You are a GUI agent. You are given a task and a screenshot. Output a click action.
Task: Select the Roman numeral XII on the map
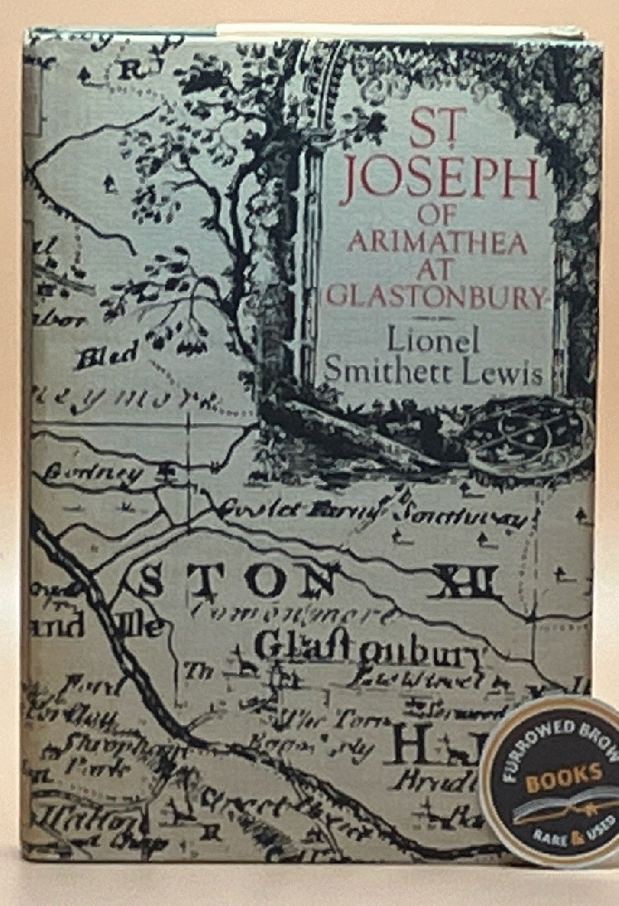465,577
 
